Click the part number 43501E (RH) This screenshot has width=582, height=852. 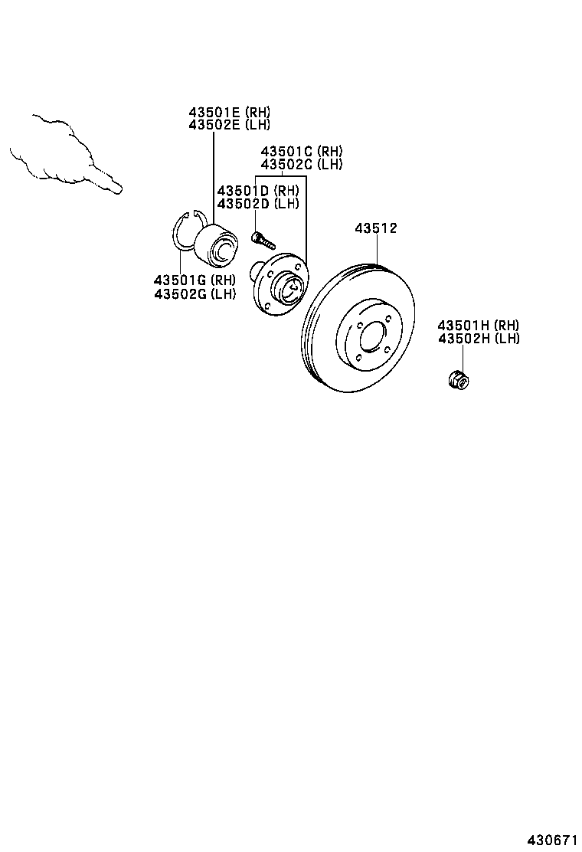(x=230, y=112)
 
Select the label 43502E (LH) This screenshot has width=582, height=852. (x=230, y=124)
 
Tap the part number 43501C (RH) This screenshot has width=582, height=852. (x=301, y=152)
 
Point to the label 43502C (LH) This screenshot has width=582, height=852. (x=301, y=164)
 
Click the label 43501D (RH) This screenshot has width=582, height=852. (x=257, y=191)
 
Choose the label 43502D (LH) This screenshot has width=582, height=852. (x=257, y=203)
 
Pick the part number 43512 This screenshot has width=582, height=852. (x=376, y=228)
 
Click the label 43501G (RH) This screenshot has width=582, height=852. (x=195, y=280)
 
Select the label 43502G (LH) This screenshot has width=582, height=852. (x=195, y=293)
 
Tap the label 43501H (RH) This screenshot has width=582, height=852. (x=479, y=326)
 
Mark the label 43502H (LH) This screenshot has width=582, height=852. (x=479, y=339)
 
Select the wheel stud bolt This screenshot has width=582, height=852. (x=262, y=240)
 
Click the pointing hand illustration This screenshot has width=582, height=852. (x=65, y=157)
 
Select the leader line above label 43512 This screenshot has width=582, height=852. (x=376, y=249)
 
